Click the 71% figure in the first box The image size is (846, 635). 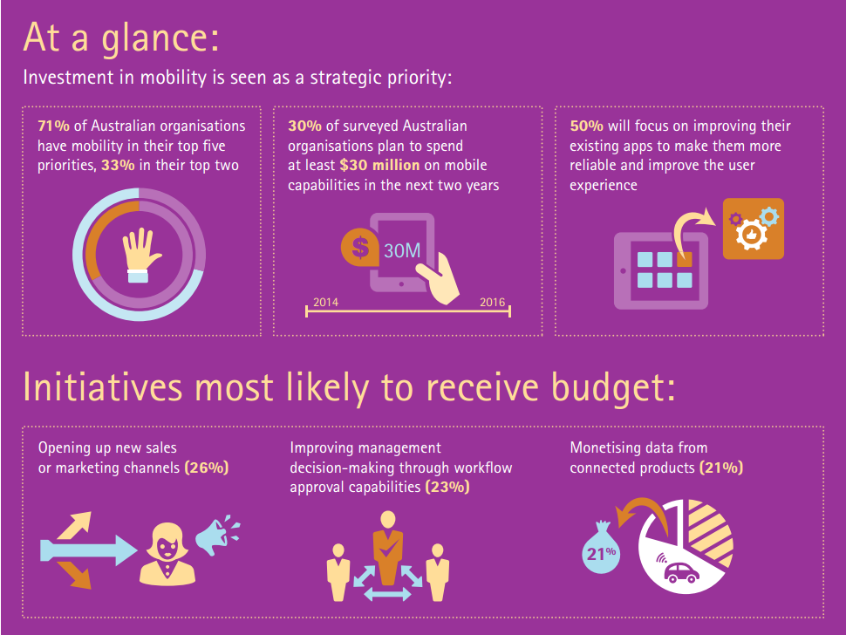point(53,126)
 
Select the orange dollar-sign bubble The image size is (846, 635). point(358,247)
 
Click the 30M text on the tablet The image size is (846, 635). point(402,250)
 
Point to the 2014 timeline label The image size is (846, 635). point(325,302)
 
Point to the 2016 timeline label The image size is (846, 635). point(492,302)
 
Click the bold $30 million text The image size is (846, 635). point(380,165)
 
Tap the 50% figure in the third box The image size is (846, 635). point(586,126)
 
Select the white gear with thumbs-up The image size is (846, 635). point(752,234)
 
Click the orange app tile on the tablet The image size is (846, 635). point(685,259)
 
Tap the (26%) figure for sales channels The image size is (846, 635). point(207,468)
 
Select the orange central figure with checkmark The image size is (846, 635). point(388,548)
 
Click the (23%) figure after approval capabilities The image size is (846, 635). point(447,487)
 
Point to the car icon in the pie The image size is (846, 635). point(681,573)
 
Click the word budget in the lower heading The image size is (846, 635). point(606,388)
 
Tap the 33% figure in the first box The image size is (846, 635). point(118,165)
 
